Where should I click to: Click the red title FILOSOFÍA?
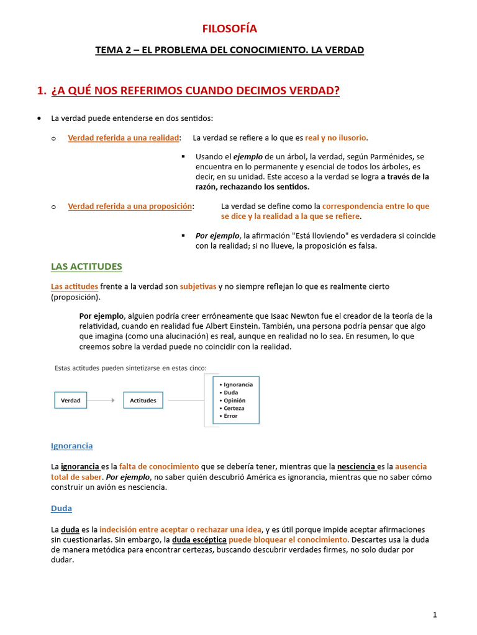pyautogui.click(x=229, y=29)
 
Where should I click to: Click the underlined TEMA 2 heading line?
pyautogui.click(x=229, y=50)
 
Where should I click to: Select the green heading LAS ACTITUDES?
pyautogui.click(x=86, y=267)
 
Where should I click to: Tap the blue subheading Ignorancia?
pyautogui.click(x=71, y=446)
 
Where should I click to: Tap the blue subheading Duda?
pyautogui.click(x=61, y=508)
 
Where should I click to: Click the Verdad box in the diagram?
pyautogui.click(x=71, y=401)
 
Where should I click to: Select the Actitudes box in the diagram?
pyautogui.click(x=143, y=401)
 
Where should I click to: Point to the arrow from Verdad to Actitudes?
pyautogui.click(x=104, y=401)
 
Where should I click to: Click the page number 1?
pyautogui.click(x=435, y=615)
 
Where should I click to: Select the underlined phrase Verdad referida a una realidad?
pyautogui.click(x=124, y=138)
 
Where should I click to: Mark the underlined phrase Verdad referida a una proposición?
pyautogui.click(x=130, y=206)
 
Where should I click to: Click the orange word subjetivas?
pyautogui.click(x=198, y=286)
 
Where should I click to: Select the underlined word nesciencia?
pyautogui.click(x=357, y=466)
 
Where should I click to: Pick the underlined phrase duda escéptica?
pyautogui.click(x=199, y=540)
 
